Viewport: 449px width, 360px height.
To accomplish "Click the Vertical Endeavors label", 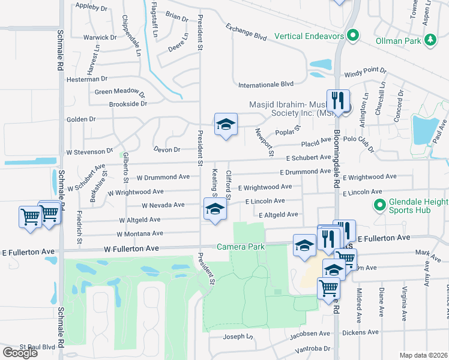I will click(x=309, y=36).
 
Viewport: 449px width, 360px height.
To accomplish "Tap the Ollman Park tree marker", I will click(x=430, y=40).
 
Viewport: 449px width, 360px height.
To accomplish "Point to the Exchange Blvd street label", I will click(x=246, y=32).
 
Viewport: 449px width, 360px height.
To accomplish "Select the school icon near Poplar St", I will click(x=226, y=125).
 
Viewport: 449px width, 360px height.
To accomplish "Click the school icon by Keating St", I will click(x=215, y=211).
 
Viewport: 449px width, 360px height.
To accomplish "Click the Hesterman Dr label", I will click(x=87, y=79).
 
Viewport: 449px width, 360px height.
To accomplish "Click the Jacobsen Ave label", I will click(x=311, y=333).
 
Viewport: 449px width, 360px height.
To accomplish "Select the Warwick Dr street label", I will click(x=100, y=37).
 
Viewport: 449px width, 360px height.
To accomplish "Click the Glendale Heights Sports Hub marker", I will click(x=378, y=206).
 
